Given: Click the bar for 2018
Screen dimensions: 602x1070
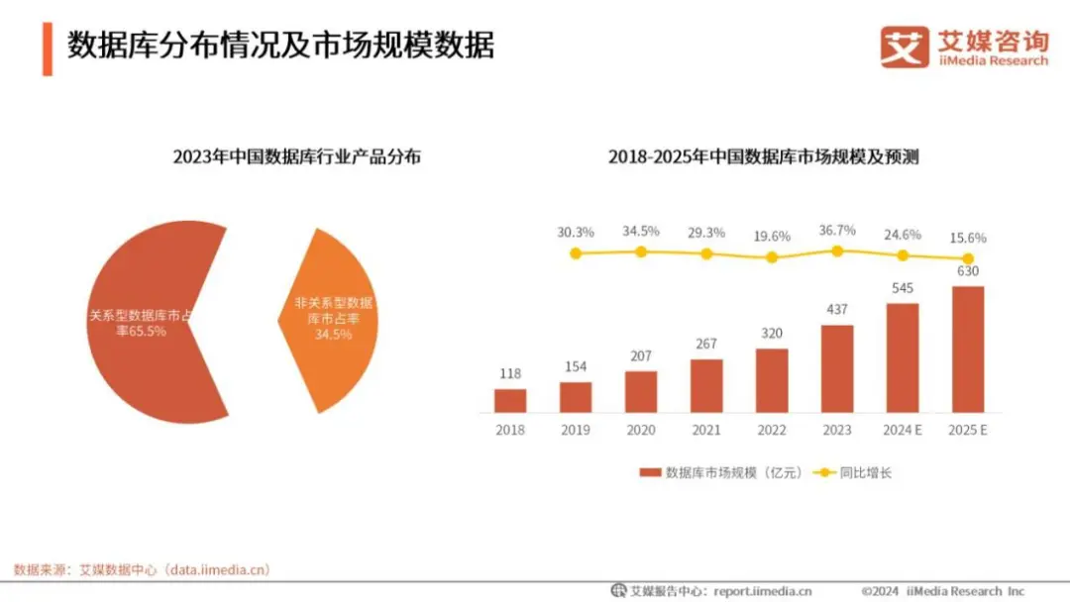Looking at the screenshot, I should tap(510, 400).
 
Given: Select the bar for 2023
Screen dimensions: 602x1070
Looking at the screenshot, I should tap(837, 368).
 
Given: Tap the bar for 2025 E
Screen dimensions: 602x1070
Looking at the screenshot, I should tap(968, 350).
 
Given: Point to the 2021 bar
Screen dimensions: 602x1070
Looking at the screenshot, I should tap(706, 385).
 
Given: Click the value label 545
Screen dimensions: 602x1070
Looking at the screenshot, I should tap(903, 288).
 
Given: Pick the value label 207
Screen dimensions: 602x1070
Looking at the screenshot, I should tap(641, 355).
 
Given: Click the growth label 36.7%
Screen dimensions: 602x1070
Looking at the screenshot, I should tap(837, 230).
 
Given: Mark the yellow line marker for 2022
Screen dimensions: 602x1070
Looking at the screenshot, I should tap(772, 257).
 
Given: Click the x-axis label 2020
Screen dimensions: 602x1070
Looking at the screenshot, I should tap(641, 430).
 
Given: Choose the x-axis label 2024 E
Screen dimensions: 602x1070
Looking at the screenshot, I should tap(903, 430).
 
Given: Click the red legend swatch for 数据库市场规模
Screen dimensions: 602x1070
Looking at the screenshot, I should tap(650, 473).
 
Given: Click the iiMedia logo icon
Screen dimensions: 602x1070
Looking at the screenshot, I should tap(905, 47).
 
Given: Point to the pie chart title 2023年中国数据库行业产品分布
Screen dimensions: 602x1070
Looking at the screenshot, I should tap(296, 156).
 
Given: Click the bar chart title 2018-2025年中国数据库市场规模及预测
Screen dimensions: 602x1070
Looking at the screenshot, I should tap(764, 156).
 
